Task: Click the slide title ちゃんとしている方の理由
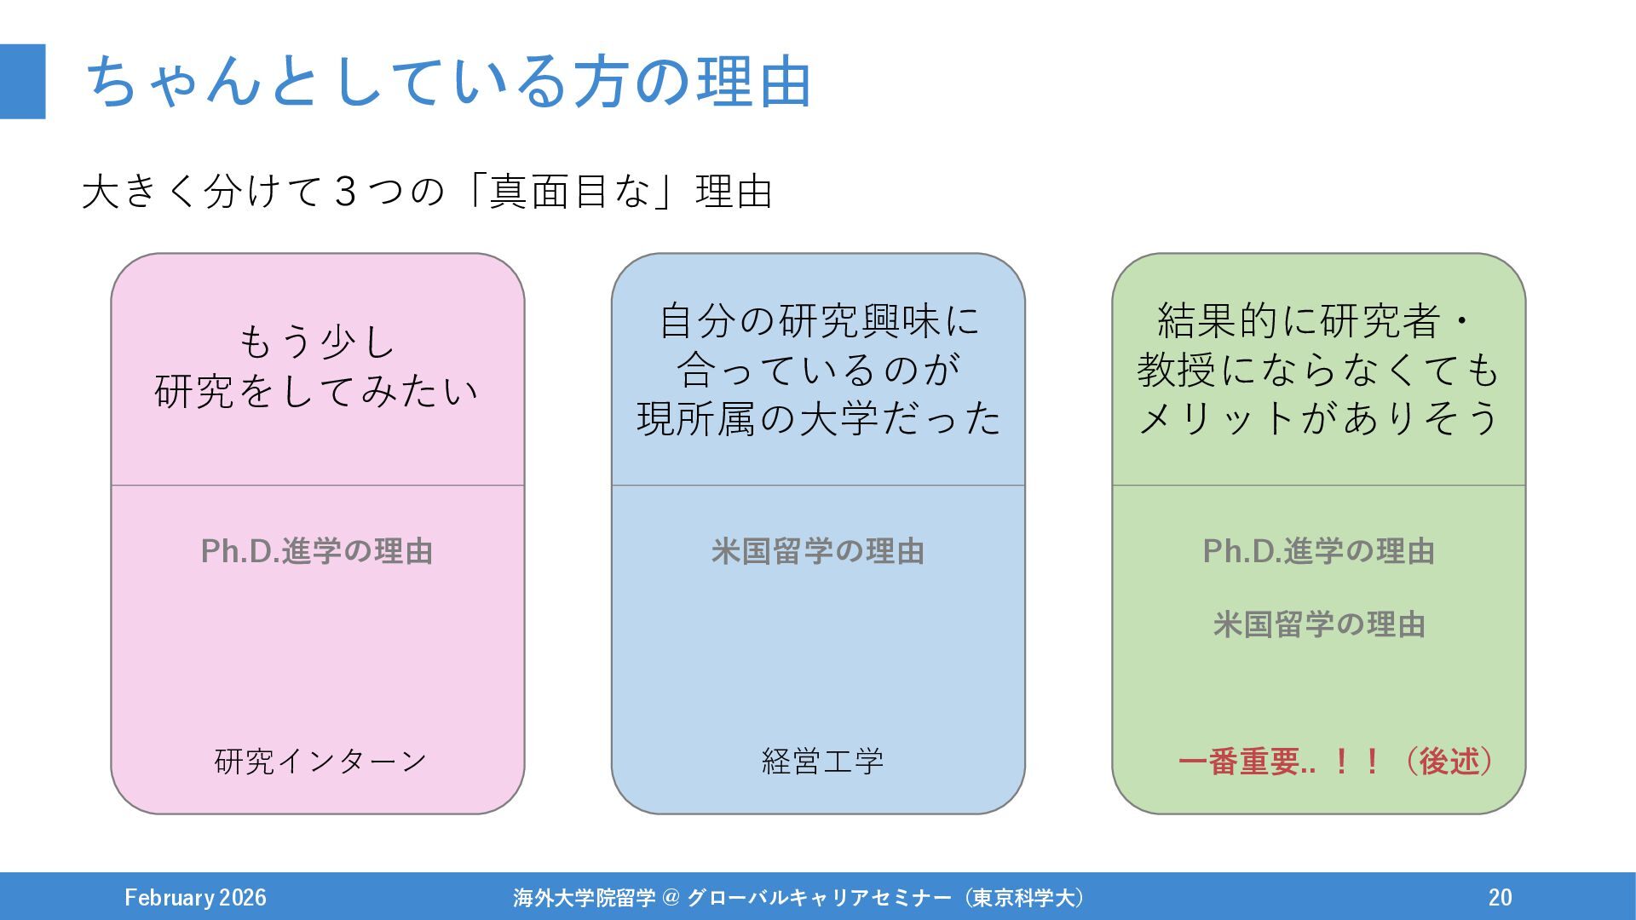[448, 82]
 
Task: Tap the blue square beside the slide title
[22, 82]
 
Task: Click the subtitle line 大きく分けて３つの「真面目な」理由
[427, 191]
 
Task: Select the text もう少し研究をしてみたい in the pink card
[317, 367]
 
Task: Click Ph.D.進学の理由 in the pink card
[317, 551]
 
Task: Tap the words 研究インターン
[320, 761]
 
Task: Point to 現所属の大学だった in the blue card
[818, 418]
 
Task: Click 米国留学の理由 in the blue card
[818, 551]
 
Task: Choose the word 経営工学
[822, 761]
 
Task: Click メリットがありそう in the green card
[1318, 418]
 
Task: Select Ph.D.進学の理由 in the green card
[1318, 551]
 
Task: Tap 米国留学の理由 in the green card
[1318, 624]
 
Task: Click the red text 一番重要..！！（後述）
[1335, 761]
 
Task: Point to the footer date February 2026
[195, 897]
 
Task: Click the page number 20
[1500, 897]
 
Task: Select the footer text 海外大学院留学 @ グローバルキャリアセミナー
[733, 897]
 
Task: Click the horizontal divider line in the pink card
[317, 486]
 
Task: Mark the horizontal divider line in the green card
[1318, 486]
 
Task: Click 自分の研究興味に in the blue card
[818, 321]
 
